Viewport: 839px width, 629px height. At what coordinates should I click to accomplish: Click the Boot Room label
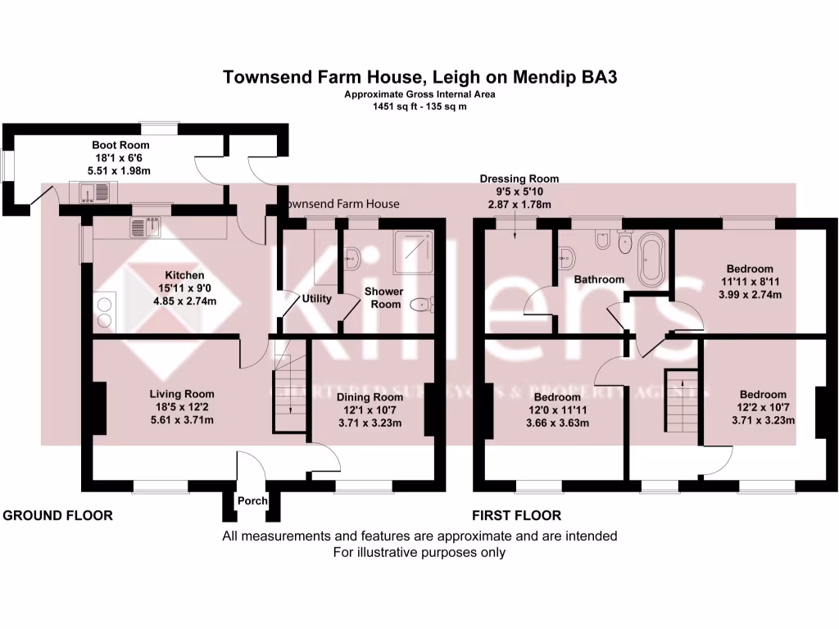(x=120, y=145)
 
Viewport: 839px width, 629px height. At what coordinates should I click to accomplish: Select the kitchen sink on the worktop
(x=145, y=227)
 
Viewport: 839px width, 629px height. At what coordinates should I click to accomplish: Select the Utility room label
(x=316, y=298)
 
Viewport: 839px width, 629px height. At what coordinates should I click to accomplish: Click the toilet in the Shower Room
(x=423, y=305)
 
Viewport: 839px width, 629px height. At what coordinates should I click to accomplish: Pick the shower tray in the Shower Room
(x=414, y=250)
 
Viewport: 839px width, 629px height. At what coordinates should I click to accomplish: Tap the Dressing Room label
(x=519, y=179)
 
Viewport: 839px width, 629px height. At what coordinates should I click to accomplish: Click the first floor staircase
(x=678, y=401)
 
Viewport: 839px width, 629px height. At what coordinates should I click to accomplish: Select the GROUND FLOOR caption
(x=58, y=516)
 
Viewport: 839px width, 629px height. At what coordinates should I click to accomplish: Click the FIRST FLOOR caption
(x=516, y=516)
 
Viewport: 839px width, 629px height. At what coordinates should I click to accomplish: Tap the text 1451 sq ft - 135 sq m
(x=419, y=106)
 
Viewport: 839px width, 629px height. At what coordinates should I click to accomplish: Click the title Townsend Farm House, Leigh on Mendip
(x=419, y=78)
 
